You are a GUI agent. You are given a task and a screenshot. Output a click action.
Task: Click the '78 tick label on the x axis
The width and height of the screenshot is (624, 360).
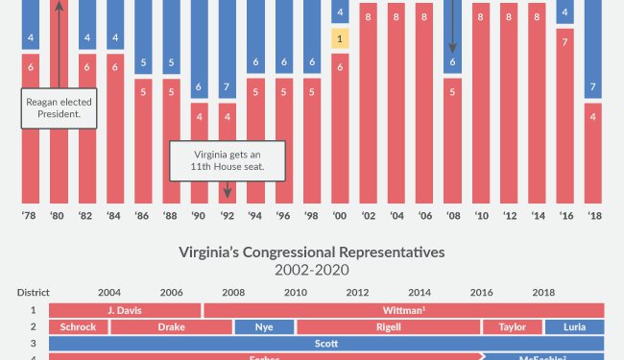coord(31,216)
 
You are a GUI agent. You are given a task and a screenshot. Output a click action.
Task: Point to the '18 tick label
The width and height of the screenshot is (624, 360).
coord(593,216)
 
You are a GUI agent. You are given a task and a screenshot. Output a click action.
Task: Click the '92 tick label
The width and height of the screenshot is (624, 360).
coord(228,216)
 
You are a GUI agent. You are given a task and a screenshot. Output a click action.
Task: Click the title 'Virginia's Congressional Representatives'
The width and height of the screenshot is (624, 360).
coord(312,253)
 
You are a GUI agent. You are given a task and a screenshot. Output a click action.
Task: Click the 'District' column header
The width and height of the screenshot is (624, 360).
coord(33,292)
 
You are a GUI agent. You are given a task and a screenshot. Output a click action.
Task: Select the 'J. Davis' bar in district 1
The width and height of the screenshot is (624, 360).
coord(124,310)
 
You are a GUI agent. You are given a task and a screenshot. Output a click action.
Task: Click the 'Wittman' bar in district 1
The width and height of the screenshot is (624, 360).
coord(404,310)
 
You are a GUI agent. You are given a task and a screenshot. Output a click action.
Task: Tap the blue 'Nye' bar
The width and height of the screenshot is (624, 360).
coord(264,326)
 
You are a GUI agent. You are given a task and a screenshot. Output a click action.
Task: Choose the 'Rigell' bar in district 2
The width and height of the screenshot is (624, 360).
coord(388,326)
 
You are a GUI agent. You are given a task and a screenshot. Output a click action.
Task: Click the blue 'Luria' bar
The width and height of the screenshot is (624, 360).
coord(574,326)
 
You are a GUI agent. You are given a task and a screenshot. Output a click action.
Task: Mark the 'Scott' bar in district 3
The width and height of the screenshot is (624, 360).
coord(326,343)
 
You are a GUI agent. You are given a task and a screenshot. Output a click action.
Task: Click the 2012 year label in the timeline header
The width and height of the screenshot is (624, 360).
coord(357,292)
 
